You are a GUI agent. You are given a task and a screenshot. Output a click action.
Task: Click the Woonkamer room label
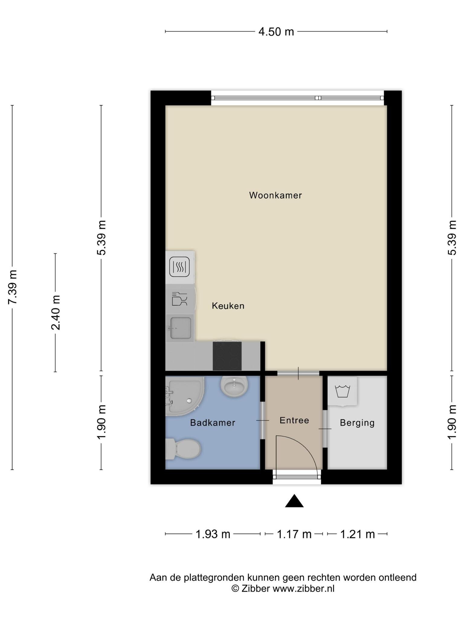[x=275, y=195]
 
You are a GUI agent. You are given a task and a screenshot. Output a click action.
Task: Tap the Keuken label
[x=228, y=306]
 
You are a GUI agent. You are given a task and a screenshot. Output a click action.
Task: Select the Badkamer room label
[x=213, y=423]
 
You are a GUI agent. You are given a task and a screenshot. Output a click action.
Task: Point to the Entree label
[x=294, y=420]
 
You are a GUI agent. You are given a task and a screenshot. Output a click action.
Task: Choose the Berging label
[x=357, y=423]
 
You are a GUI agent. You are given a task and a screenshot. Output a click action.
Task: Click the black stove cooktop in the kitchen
[x=227, y=356]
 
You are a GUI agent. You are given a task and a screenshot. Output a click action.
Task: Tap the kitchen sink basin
[x=181, y=328]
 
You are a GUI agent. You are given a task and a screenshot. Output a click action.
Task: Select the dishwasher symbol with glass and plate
[x=179, y=299]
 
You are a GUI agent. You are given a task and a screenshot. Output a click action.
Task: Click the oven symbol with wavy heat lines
[x=179, y=267]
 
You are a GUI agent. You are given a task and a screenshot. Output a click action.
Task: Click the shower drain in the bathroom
[x=189, y=401]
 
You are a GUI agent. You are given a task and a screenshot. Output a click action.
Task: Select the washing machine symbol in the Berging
[x=343, y=391]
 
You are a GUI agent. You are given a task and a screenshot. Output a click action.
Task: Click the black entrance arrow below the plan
[x=294, y=501]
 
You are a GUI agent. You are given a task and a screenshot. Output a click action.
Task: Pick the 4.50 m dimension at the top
[x=276, y=31]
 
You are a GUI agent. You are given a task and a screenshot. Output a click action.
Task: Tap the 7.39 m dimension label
[x=13, y=287]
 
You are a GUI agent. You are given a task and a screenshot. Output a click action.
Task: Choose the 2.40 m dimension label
[x=56, y=313]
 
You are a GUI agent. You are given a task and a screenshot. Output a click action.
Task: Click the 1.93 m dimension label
[x=213, y=534]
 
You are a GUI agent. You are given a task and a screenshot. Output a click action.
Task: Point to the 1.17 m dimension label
[x=294, y=534]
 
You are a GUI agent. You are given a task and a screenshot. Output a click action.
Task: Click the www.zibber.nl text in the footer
[x=304, y=588]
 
